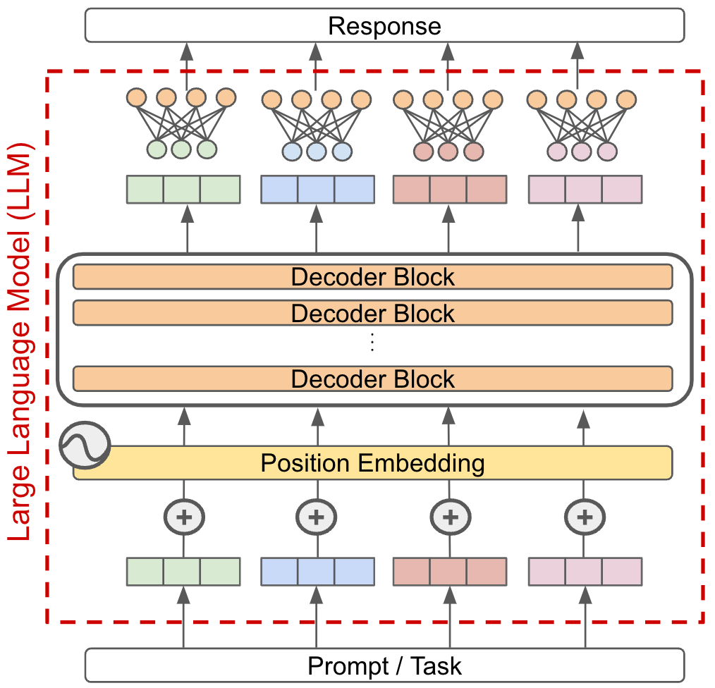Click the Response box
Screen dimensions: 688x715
tap(384, 25)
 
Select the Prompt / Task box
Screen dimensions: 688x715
tap(384, 665)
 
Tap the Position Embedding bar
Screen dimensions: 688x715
tap(372, 463)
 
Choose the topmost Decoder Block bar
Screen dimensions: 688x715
tap(372, 276)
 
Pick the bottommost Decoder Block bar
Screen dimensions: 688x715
tap(372, 379)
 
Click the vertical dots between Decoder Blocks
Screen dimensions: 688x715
tap(372, 343)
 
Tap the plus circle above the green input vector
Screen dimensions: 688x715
tap(184, 517)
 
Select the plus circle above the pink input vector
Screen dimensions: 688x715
tap(585, 517)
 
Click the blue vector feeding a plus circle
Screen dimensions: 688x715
tap(317, 571)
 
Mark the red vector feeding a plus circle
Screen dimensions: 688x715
tap(449, 571)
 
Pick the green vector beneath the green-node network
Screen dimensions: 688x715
tap(183, 189)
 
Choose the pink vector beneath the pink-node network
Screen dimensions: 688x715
tap(585, 189)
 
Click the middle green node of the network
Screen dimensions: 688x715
tap(182, 149)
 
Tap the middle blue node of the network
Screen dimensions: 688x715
tap(316, 151)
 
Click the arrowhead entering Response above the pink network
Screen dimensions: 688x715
tap(577, 51)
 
